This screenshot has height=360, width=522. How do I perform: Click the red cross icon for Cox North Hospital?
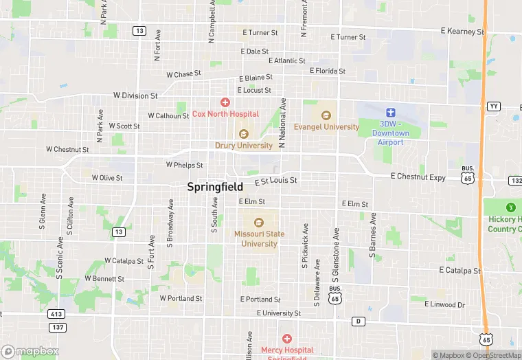coord(225,102)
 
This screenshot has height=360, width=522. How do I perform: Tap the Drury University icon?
coord(242,134)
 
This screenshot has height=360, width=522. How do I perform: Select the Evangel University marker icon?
coord(326,115)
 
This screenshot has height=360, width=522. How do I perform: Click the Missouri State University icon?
coord(259,222)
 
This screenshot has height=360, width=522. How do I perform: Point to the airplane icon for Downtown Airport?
coord(391,112)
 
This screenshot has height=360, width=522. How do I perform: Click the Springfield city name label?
coord(215,186)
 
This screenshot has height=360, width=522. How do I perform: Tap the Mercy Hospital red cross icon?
coord(287,339)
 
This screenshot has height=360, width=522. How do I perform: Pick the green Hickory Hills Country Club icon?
coord(510,207)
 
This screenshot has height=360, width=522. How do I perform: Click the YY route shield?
coord(494,106)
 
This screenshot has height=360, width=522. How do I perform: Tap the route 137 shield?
coord(58,327)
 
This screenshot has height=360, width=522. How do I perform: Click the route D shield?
coord(358,321)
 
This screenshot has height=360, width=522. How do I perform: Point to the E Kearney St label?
coord(462,32)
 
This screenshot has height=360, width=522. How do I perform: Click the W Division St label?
coord(135,96)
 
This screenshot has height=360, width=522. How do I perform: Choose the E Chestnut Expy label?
coord(418,177)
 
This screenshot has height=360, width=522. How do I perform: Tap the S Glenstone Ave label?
coord(336,259)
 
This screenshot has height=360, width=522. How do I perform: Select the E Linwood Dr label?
coord(444,304)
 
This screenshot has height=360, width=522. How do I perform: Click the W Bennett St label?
coord(104,279)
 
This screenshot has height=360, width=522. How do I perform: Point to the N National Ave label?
coord(282,123)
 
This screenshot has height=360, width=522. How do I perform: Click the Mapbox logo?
coord(30,351)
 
